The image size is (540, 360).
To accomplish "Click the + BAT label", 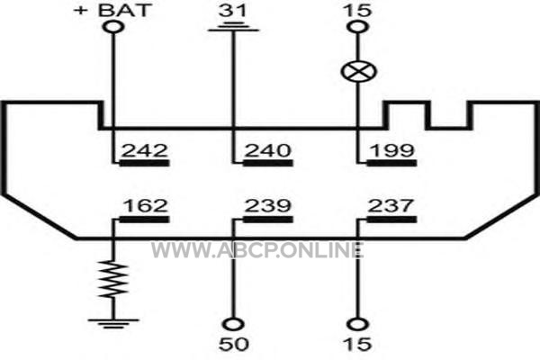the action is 112,10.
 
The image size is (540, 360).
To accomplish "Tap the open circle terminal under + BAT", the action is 113,27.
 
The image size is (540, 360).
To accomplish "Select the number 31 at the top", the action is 233,10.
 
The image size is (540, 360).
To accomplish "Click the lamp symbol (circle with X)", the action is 358,72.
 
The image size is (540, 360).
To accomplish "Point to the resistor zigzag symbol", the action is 113,279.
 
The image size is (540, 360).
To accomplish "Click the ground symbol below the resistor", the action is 113,324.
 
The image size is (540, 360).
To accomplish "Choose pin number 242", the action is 145,150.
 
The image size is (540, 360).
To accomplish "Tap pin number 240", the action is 268,150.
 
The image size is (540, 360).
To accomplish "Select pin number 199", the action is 391,150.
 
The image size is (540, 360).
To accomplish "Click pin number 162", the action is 145,205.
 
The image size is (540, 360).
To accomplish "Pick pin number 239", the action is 268,205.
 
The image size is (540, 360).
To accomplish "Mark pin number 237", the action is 391,205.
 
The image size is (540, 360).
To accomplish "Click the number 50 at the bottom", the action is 233,344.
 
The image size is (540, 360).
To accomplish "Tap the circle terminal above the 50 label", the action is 233,324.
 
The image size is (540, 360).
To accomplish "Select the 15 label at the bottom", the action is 357,344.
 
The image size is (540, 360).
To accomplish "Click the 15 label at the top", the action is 357,10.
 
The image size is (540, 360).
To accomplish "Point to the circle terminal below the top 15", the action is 358,27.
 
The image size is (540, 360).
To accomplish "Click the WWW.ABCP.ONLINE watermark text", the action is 256,250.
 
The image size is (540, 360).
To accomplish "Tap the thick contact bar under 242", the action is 144,163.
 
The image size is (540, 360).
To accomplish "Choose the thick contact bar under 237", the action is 391,220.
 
